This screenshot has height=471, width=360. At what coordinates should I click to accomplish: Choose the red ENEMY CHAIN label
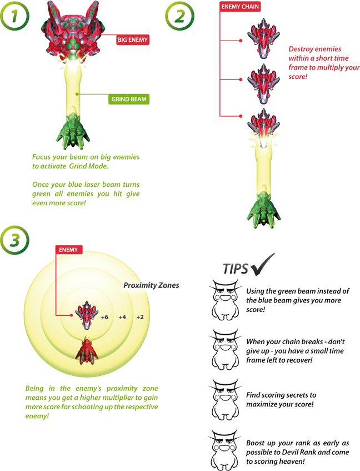(x=241, y=7)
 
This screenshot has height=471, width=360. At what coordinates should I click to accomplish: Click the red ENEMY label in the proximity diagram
(x=69, y=250)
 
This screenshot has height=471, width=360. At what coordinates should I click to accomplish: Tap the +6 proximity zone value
(x=104, y=317)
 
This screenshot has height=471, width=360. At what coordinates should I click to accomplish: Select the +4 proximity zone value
(x=122, y=317)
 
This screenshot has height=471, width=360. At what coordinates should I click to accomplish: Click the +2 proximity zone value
(x=139, y=317)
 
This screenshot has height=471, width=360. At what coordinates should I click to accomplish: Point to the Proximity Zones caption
(x=151, y=285)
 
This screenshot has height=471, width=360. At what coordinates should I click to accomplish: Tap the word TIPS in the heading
(x=236, y=269)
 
